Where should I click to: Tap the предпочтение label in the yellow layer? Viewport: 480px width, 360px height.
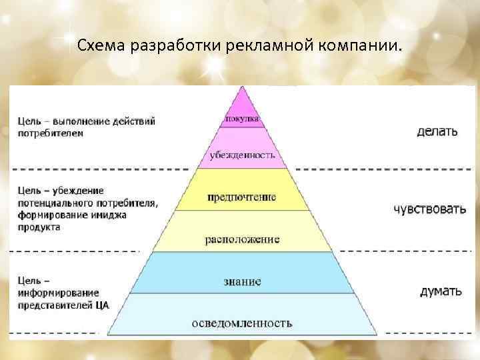241,197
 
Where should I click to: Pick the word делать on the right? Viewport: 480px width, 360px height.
437,131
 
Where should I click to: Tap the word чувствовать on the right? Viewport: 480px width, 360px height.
429,209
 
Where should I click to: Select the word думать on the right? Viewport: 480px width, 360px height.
440,291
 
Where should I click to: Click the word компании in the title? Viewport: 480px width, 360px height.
365,46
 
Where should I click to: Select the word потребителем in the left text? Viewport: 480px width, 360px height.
51,133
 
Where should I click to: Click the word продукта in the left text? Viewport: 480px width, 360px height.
39,227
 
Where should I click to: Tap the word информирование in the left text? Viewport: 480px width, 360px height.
59,293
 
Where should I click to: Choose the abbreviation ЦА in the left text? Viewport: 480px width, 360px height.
101,305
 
